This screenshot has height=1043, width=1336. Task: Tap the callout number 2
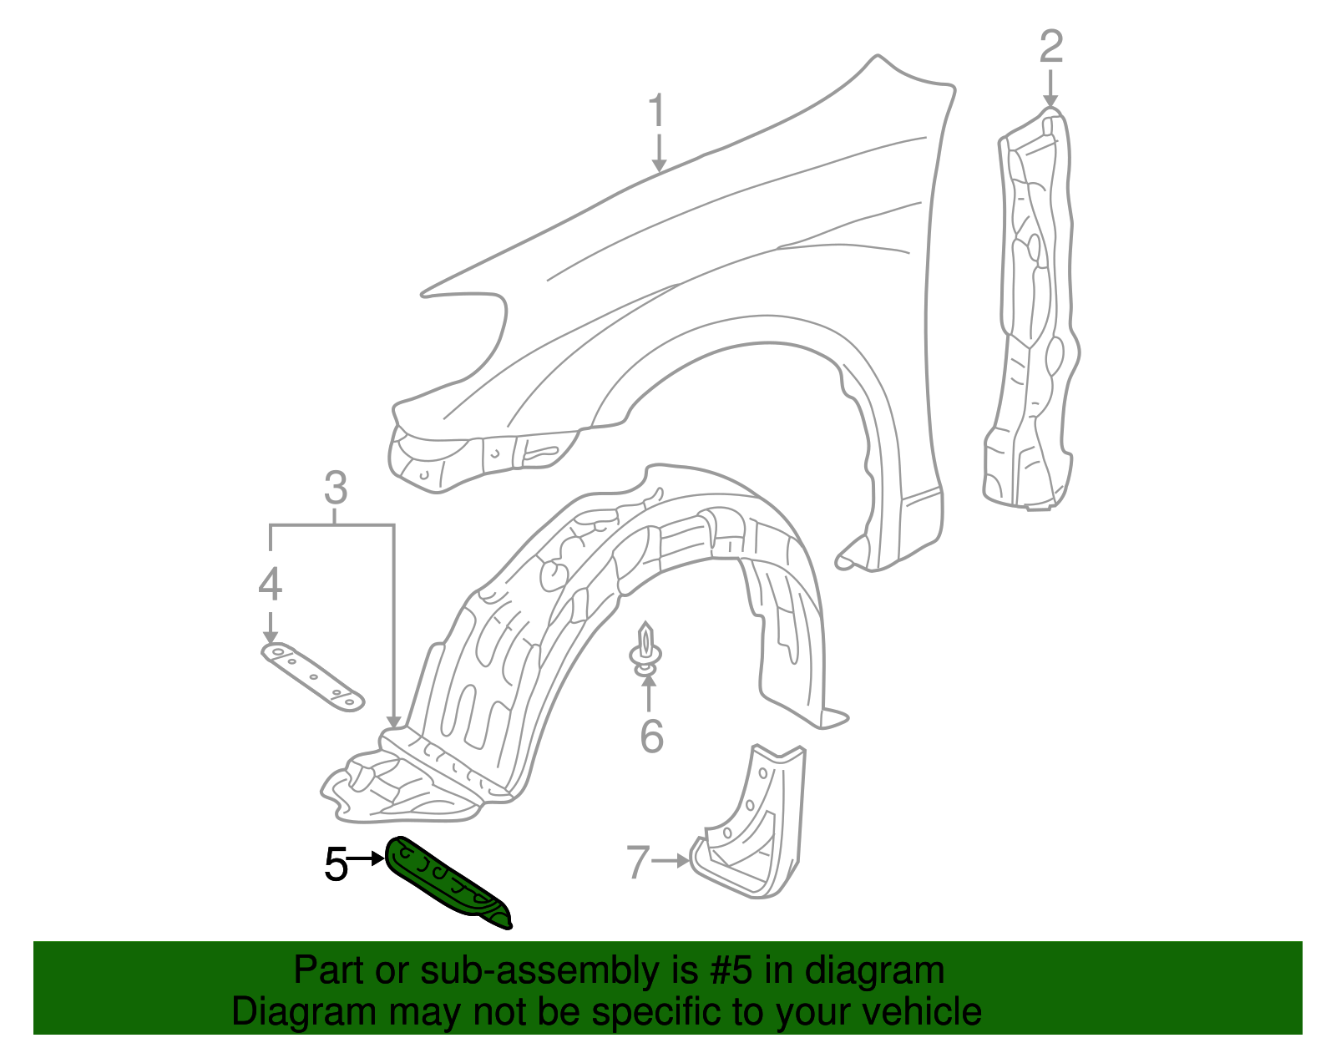point(1050,47)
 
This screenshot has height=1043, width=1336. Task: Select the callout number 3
point(335,489)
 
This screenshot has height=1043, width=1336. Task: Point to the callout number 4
point(270,585)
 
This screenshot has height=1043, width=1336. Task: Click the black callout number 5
point(336,864)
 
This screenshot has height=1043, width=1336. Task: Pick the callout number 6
point(651,737)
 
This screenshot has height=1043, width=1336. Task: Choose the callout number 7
point(638,862)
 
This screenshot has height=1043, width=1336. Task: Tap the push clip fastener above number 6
point(645,648)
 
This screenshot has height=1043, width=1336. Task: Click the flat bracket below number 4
point(313,676)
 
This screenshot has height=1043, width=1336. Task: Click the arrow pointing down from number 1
point(659,154)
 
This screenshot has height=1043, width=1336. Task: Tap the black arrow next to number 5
point(367,858)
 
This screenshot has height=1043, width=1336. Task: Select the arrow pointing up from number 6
point(649,693)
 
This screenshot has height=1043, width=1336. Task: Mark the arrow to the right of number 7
point(672,860)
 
